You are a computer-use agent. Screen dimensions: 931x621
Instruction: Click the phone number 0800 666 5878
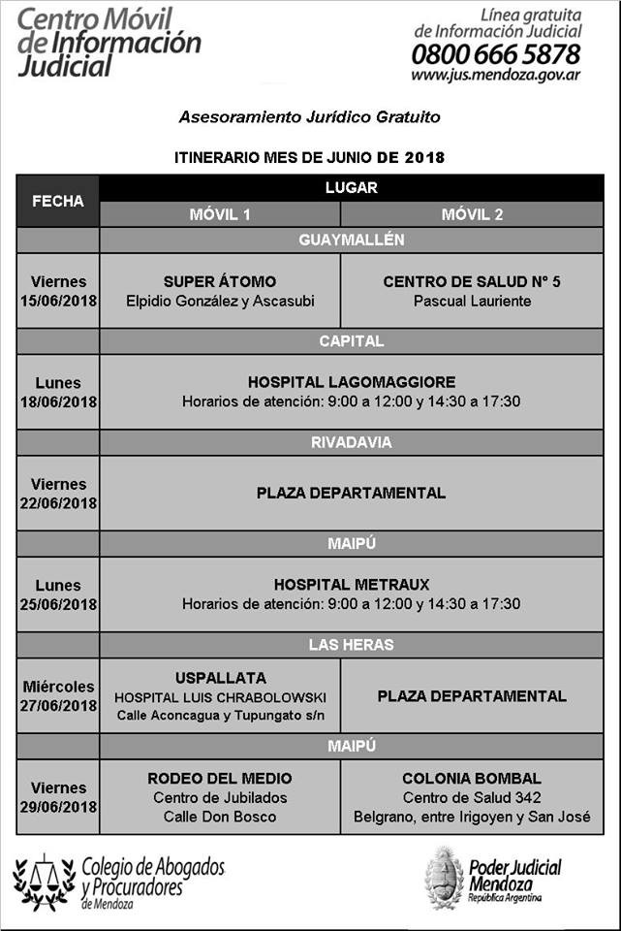point(495,53)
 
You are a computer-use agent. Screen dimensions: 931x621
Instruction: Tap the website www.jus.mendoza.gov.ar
point(495,75)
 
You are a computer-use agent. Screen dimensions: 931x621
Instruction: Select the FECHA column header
point(58,202)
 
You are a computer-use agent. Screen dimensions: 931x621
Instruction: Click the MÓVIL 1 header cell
point(220,214)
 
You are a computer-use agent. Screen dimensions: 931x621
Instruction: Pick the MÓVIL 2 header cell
point(472,214)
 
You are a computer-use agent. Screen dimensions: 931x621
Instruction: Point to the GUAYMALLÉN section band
point(351,240)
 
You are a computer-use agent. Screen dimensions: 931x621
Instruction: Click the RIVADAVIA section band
point(351,442)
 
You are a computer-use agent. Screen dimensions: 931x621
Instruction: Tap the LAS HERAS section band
point(351,645)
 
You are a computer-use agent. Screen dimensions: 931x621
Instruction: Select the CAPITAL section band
point(351,341)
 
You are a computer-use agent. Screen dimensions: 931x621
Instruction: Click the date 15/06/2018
point(58,301)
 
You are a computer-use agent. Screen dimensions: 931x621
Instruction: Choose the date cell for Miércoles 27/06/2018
point(58,695)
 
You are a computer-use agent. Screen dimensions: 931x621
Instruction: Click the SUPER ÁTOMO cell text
point(220,282)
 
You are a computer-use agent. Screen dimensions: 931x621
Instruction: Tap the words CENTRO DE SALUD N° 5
point(472,282)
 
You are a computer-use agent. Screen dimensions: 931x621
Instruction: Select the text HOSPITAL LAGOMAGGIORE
point(351,382)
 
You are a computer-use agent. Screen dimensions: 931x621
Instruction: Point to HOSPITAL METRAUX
point(351,585)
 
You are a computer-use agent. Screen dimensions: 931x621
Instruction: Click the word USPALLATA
point(220,678)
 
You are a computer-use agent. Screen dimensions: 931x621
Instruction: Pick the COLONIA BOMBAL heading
point(472,778)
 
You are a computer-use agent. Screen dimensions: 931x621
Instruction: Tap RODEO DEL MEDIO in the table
point(220,778)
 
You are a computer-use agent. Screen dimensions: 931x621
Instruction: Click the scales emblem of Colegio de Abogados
point(43,881)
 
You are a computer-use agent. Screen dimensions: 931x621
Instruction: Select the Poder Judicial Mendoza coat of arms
point(444,878)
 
